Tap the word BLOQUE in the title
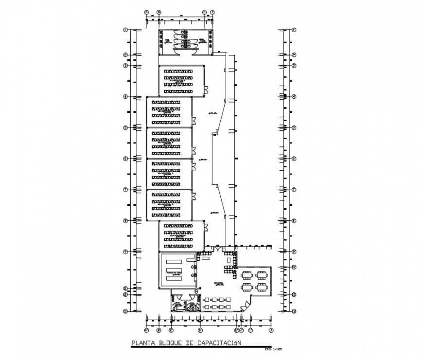(170, 343)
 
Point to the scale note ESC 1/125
(273, 349)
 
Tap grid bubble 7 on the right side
(294, 190)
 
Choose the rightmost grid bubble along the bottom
(271, 331)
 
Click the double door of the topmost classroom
(206, 90)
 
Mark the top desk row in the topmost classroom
(178, 71)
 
